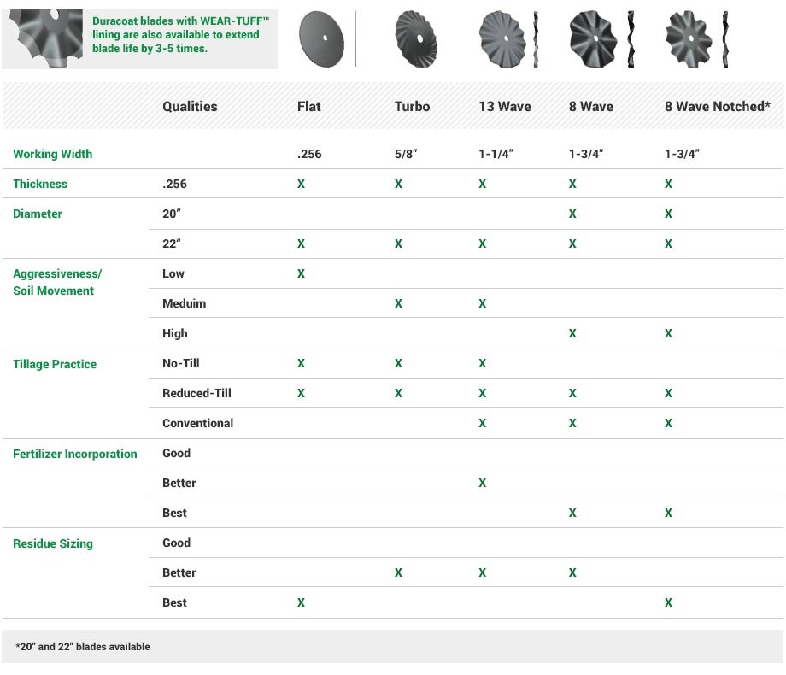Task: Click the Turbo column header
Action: click(x=412, y=107)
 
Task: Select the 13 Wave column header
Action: click(x=504, y=107)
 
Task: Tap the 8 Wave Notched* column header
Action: click(x=718, y=107)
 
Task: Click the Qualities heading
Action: click(x=190, y=107)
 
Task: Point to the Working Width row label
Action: click(x=52, y=155)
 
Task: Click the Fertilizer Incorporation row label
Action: click(x=74, y=454)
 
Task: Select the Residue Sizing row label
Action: click(x=52, y=543)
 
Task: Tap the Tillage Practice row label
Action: click(x=55, y=364)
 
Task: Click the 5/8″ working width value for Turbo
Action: click(x=407, y=155)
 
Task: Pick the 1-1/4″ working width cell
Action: click(x=497, y=155)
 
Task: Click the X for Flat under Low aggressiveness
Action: click(x=301, y=274)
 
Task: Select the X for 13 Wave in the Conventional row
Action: click(x=483, y=424)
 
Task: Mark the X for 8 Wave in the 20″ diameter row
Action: click(x=572, y=214)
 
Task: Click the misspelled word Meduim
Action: click(x=184, y=304)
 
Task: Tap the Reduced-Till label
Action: click(x=196, y=394)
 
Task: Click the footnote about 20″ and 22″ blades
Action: click(x=83, y=647)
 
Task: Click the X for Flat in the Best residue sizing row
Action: click(x=301, y=603)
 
